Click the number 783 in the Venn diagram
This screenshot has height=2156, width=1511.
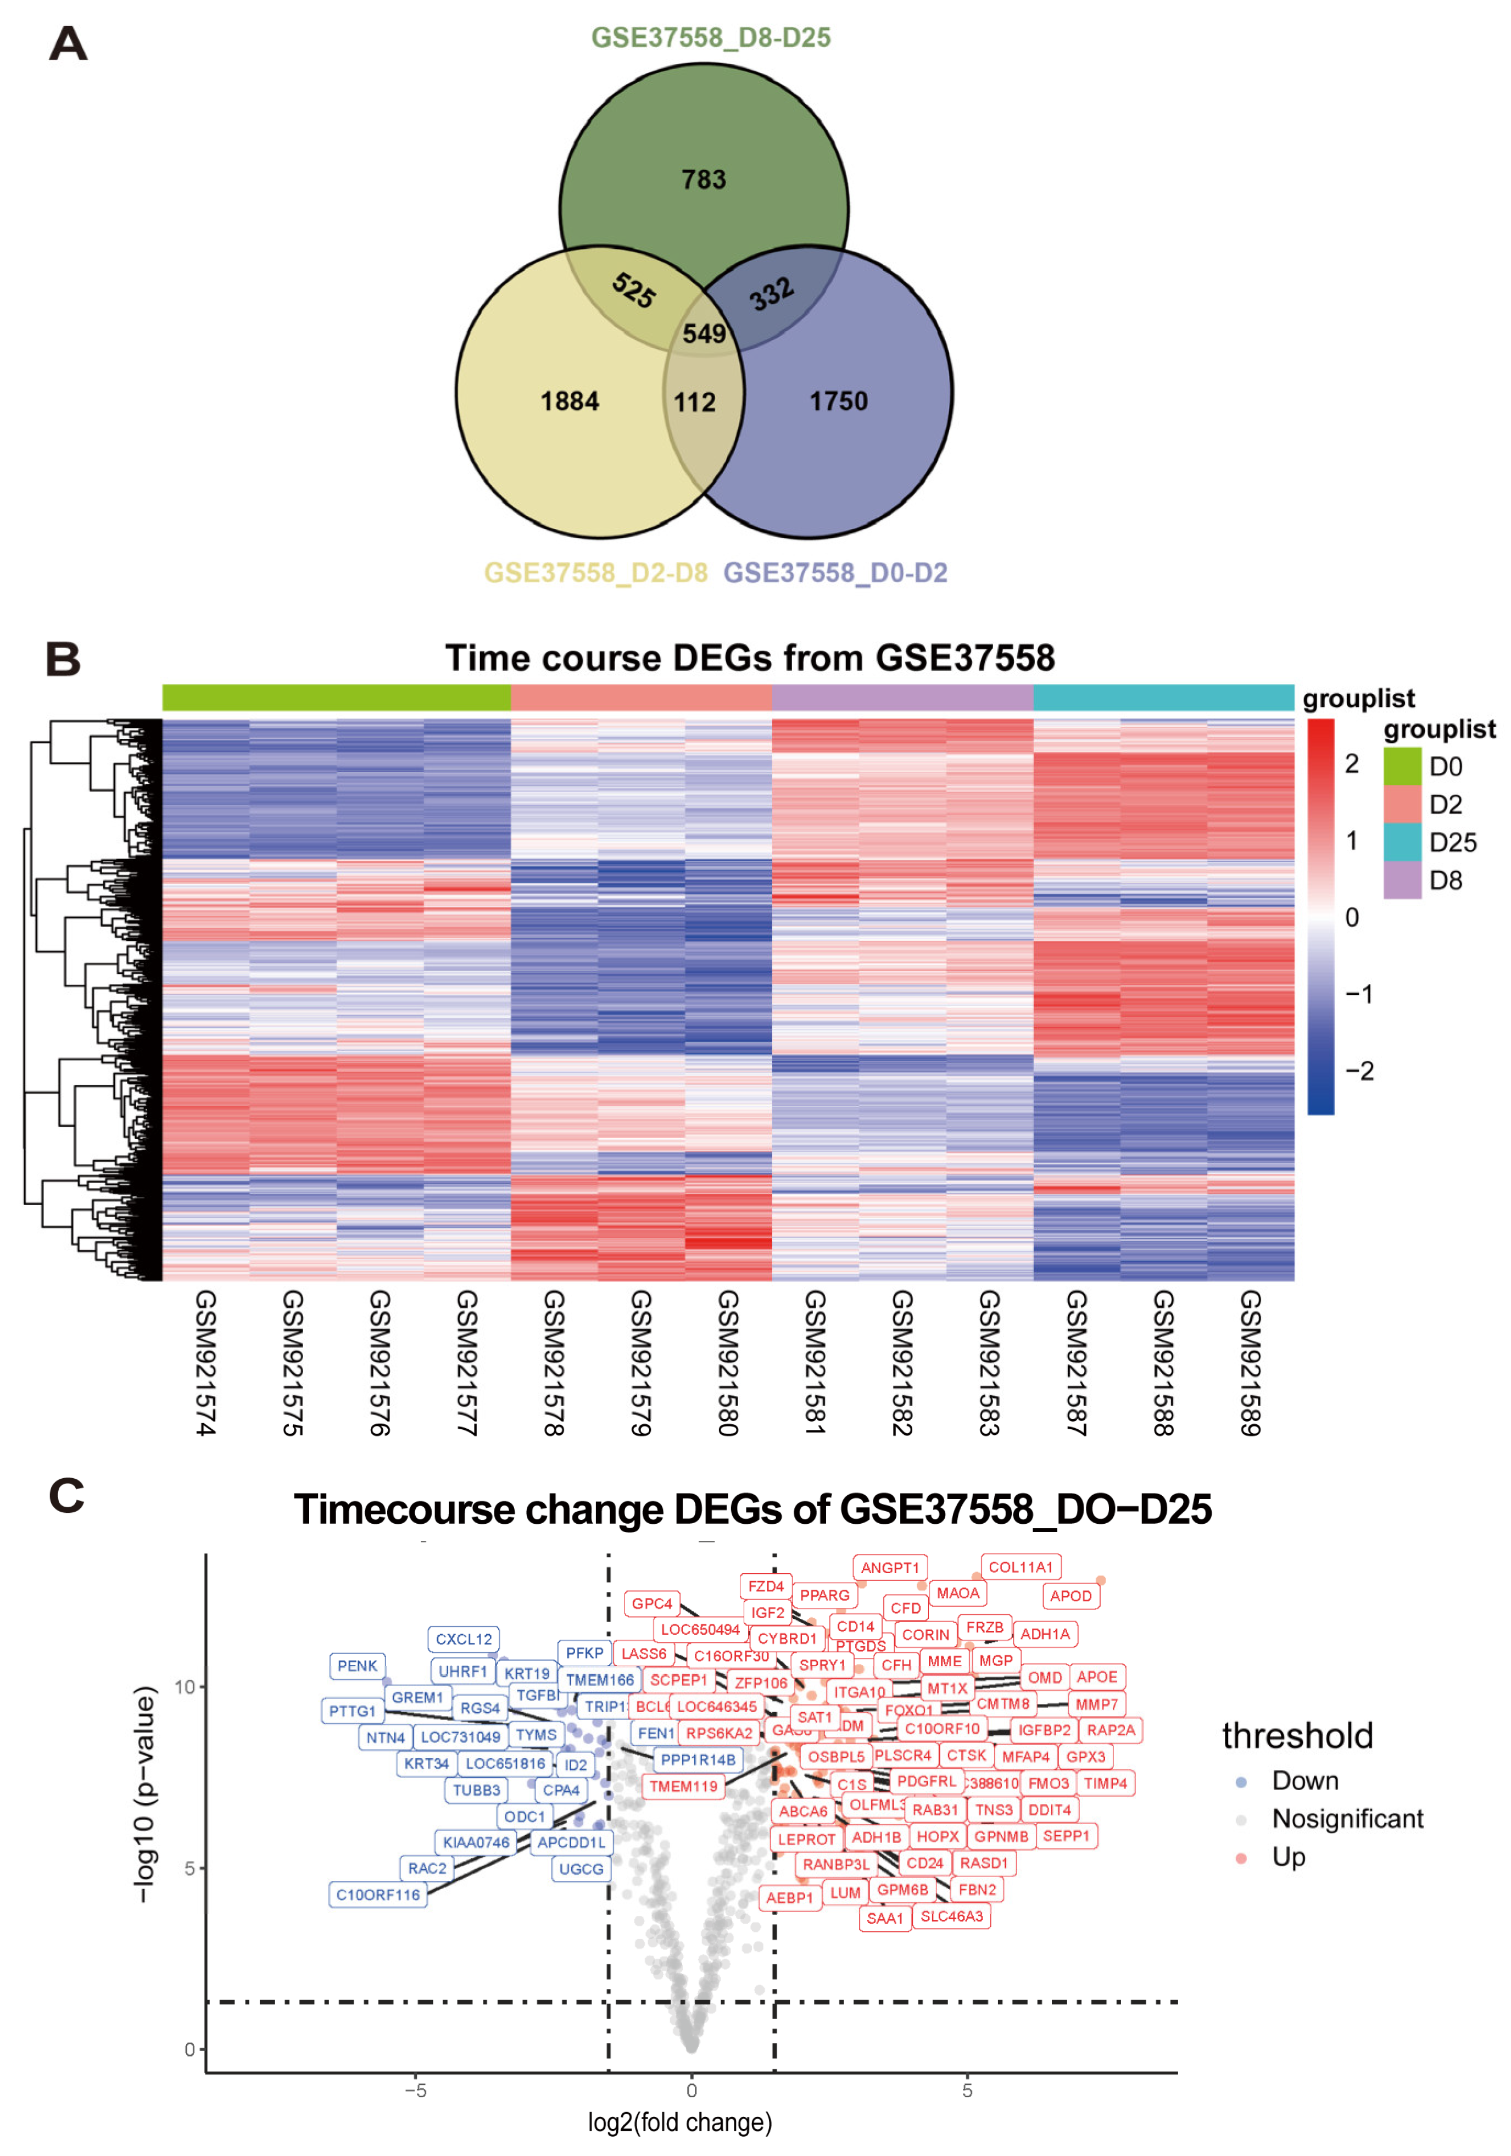click(704, 180)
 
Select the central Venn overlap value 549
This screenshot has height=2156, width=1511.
click(704, 333)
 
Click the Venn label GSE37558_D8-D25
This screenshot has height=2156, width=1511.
click(710, 37)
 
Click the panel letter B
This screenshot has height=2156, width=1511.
click(64, 659)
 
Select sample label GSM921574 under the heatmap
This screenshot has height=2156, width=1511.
click(205, 1362)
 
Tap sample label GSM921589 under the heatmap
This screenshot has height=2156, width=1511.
click(1249, 1362)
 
